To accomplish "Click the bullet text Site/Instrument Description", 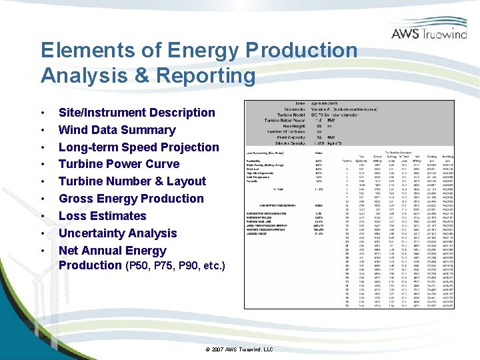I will pos(137,113).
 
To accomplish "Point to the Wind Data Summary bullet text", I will pos(117,130).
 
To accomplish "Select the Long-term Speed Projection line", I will pos(139,147).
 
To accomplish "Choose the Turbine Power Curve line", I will pos(119,164).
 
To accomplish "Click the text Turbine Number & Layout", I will pos(132,181).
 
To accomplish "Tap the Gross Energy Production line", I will pos(131,199).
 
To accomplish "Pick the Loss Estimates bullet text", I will pos(102,216).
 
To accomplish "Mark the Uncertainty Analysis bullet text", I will pos(117,233).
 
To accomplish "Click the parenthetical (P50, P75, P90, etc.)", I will pos(175,266).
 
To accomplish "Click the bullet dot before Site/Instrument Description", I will pos(43,113).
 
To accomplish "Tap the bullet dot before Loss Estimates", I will pos(43,216).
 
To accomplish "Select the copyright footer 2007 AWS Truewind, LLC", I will pos(240,349).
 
